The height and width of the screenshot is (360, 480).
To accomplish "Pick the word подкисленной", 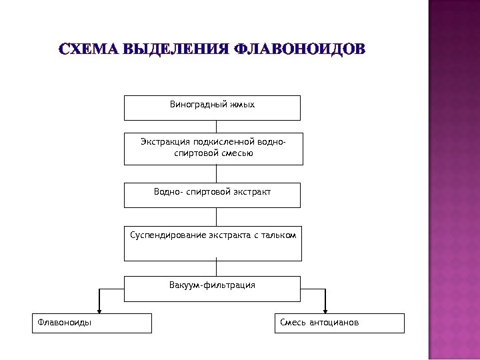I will pos(219,141).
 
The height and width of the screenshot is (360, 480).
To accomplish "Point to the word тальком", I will pos(279,235).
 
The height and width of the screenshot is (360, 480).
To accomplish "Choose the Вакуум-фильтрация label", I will pos(212,285).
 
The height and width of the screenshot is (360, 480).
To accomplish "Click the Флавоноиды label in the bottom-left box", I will pos(65,323).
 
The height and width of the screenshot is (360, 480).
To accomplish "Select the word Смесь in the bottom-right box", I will pos(293,323).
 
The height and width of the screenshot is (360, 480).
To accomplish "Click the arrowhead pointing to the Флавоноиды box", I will pos(99,309).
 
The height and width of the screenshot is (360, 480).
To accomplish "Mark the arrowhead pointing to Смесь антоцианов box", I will pos(325,309).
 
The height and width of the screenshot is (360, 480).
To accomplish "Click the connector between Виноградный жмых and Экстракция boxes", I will pos(215,127).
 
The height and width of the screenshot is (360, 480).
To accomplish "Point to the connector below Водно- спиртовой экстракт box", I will pos(215,217).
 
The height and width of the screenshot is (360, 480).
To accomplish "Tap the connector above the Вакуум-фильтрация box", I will pos(215,268).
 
